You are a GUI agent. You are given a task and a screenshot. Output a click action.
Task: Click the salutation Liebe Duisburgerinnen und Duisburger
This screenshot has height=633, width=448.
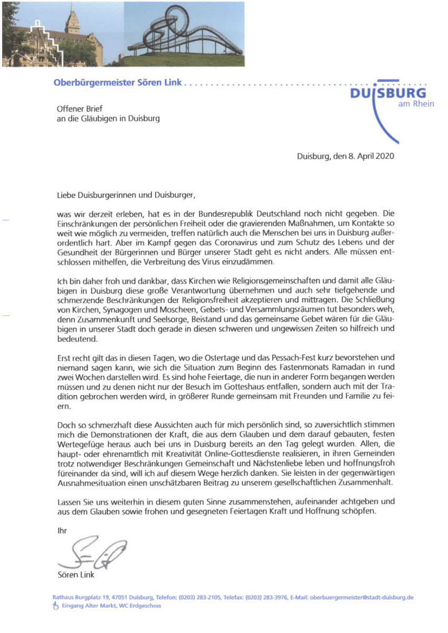(126, 195)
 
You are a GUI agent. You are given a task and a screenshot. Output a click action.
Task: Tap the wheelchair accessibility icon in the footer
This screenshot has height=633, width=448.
(55, 606)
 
